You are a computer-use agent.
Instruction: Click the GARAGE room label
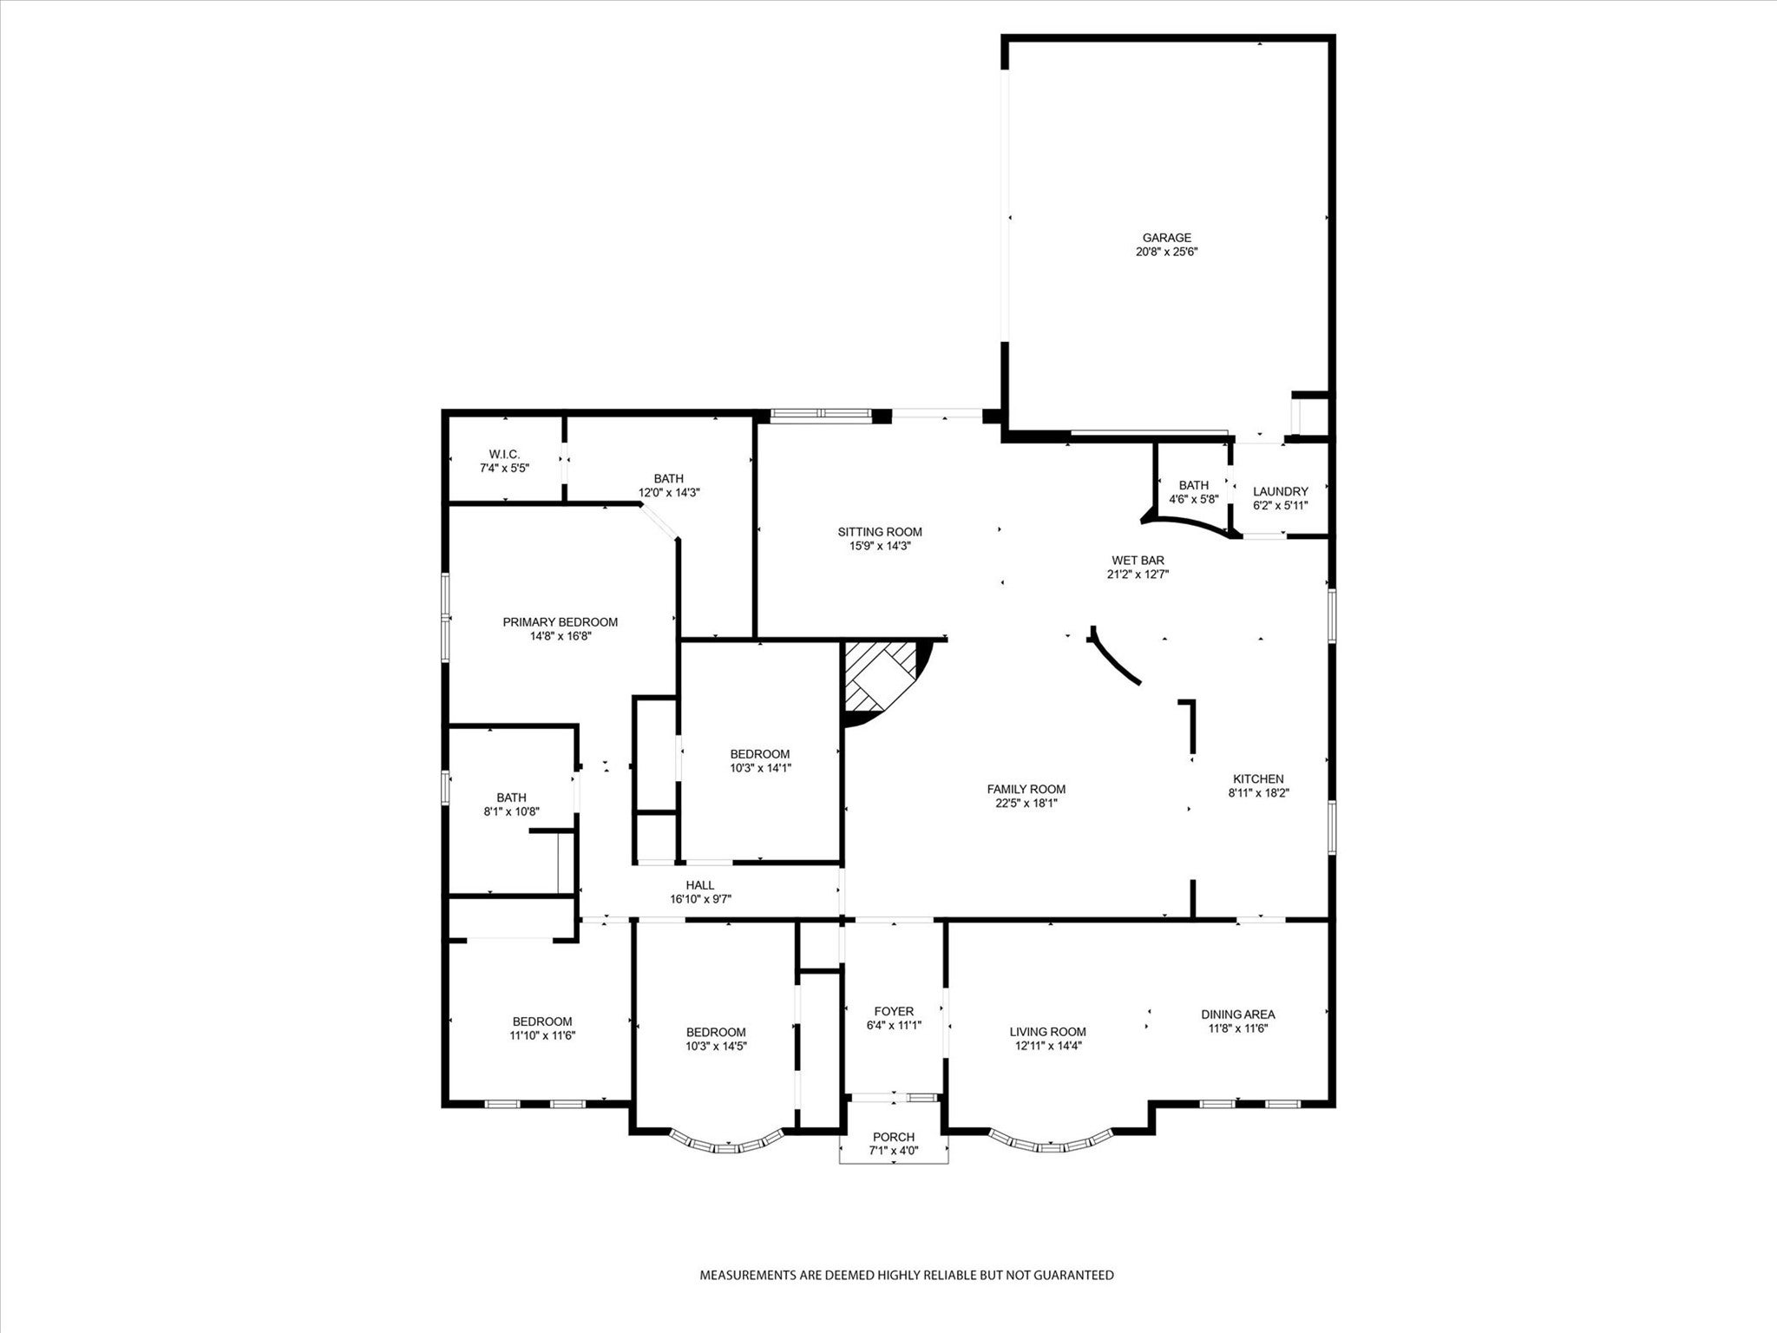tap(1166, 238)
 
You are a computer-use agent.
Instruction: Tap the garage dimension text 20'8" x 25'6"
tap(1166, 252)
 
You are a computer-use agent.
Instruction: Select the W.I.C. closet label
tap(504, 454)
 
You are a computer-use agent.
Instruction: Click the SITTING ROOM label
tap(879, 532)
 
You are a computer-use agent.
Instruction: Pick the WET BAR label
tap(1138, 560)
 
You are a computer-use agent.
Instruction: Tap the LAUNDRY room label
tap(1280, 491)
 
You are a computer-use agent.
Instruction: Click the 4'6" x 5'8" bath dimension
tap(1194, 499)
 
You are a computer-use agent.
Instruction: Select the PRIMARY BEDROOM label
tap(560, 621)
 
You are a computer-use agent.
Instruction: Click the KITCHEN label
tap(1256, 778)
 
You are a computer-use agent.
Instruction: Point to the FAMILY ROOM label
tap(1026, 789)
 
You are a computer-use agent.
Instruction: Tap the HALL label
tap(699, 885)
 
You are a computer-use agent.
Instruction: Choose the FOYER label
tap(893, 1011)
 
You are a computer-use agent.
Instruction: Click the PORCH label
tap(893, 1137)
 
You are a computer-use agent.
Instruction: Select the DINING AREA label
tap(1237, 1014)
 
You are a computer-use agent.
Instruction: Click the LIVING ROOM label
tap(1047, 1032)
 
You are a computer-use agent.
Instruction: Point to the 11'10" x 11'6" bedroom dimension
tap(542, 1035)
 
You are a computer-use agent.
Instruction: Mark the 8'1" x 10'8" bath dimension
tap(511, 811)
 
